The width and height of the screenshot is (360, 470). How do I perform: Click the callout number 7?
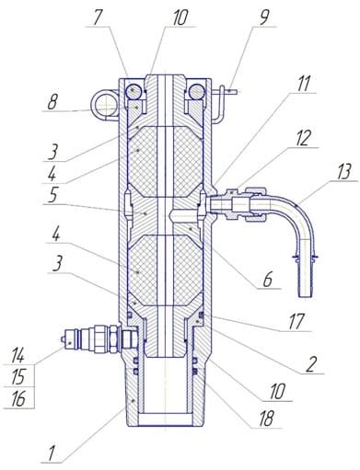point(97,17)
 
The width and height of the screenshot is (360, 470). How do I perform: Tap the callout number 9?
point(263,17)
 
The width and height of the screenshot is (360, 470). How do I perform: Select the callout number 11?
point(303,84)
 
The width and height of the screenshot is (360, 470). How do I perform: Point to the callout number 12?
point(303,139)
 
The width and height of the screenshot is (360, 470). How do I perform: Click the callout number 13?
point(343,172)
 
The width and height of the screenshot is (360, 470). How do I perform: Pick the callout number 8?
point(52,102)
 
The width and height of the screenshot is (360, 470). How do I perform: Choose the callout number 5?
point(52,195)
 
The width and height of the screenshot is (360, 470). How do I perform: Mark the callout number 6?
point(267,280)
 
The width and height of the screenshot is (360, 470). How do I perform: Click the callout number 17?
point(296,322)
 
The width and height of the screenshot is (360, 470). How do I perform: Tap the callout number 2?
point(311,365)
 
